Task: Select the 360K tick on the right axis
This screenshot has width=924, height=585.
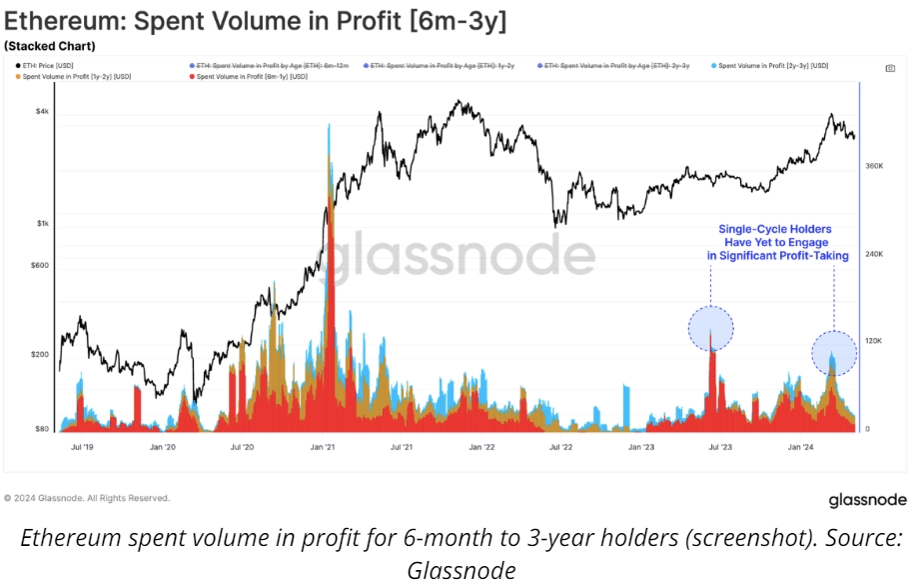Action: pos(873,166)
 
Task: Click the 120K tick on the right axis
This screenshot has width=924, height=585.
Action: pos(873,341)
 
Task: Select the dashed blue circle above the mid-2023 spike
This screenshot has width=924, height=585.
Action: pos(711,327)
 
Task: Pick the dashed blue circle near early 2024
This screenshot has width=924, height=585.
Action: pos(834,353)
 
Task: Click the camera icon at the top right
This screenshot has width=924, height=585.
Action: pos(890,69)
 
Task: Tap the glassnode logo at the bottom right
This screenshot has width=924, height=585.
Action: pos(867,500)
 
